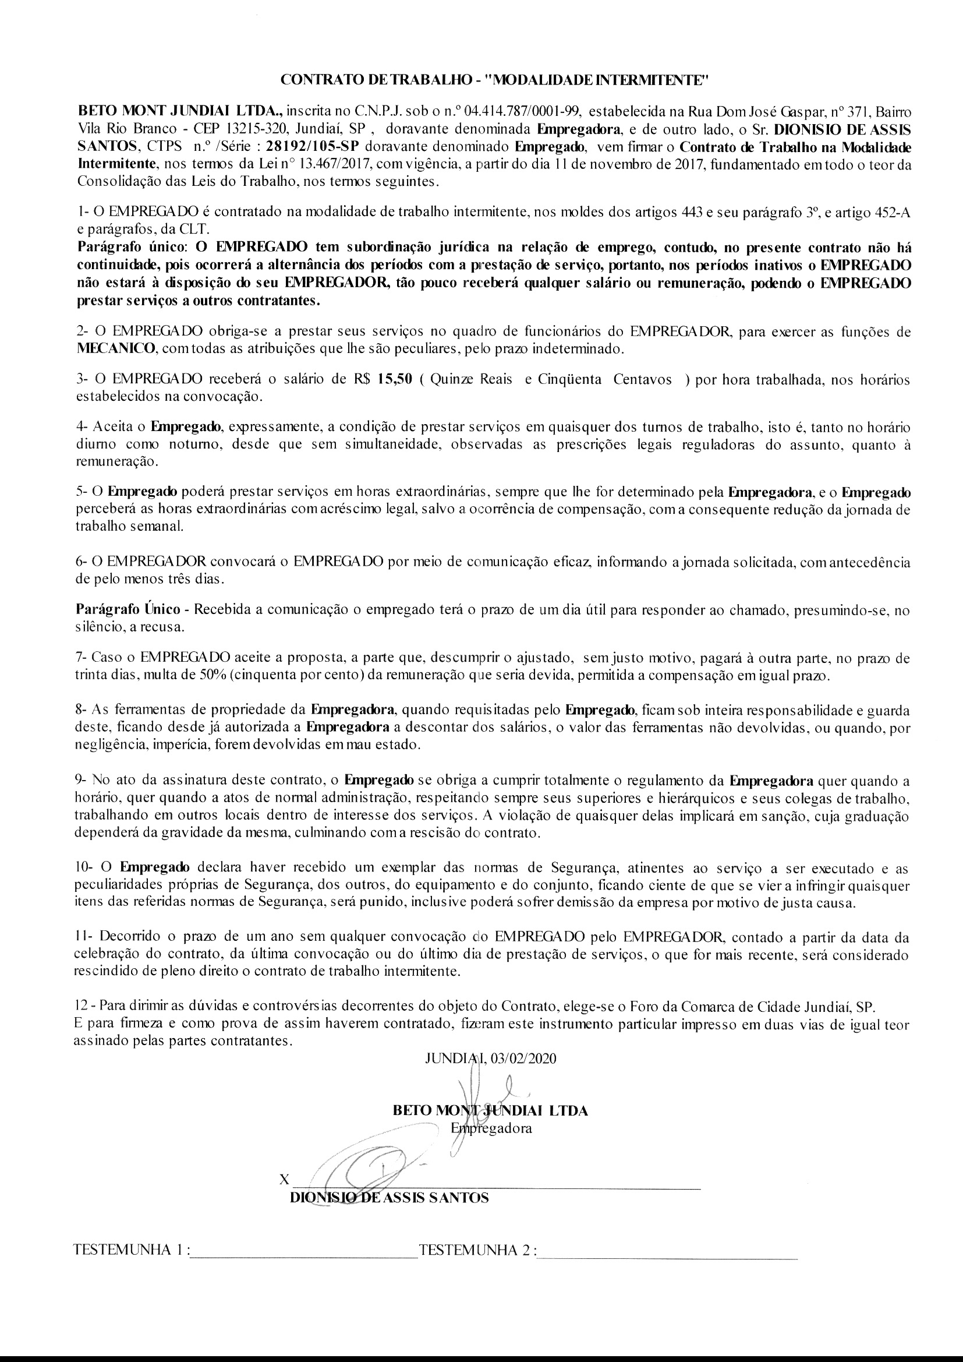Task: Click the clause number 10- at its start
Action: point(84,867)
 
